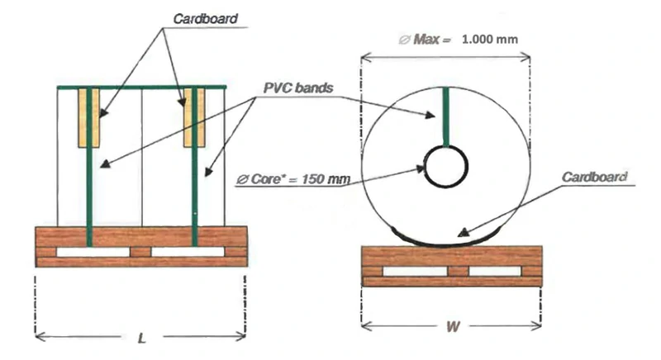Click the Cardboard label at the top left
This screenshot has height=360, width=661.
tap(206, 17)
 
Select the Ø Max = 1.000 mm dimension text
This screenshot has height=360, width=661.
tap(458, 39)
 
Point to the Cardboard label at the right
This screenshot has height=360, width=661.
tap(593, 177)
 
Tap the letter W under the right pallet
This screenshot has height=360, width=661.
tap(452, 327)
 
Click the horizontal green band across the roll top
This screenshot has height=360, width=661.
tap(140, 86)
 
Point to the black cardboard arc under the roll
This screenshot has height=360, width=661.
tap(447, 242)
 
